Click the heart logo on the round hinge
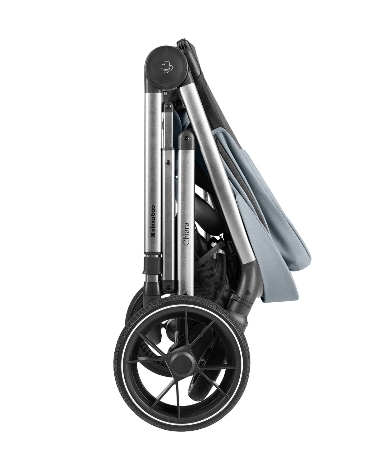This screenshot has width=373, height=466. tap(166, 67)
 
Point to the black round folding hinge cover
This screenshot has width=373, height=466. tap(166, 67)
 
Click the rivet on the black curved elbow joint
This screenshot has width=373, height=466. tap(248, 292)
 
